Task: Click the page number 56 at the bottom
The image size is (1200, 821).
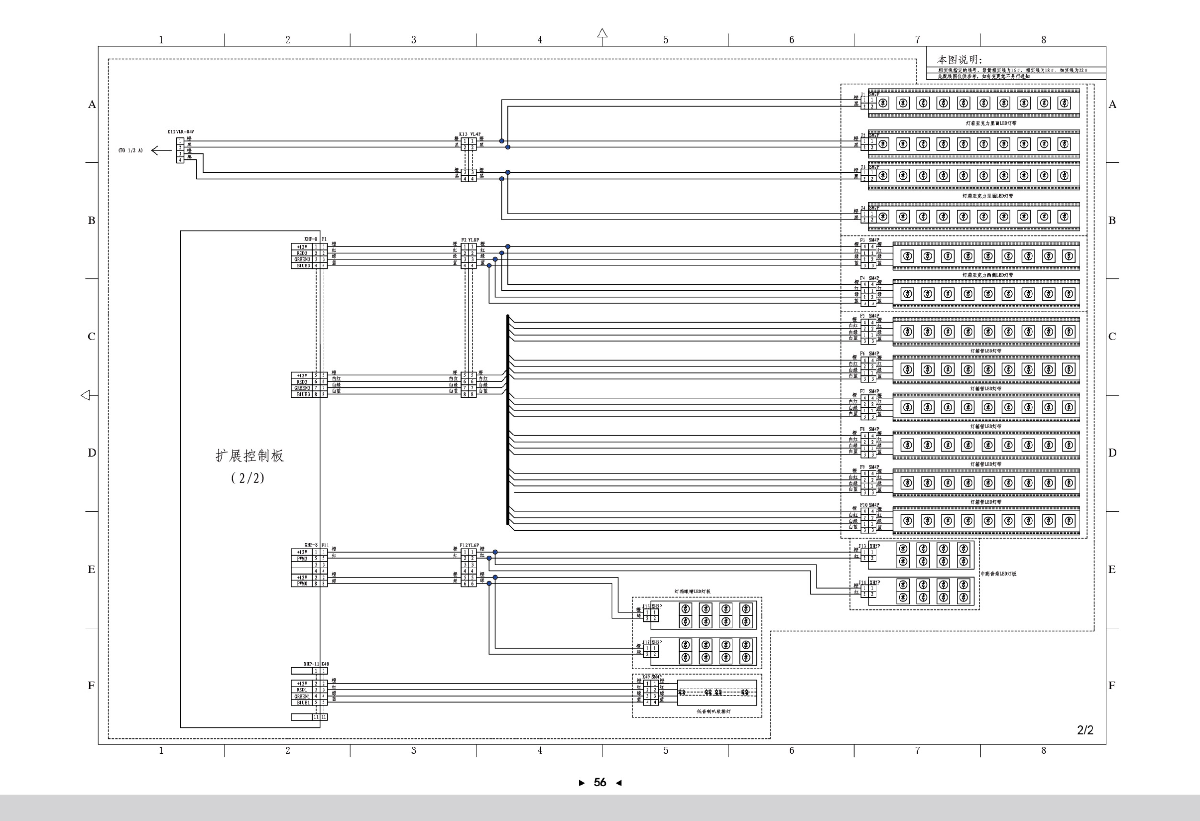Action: (x=600, y=782)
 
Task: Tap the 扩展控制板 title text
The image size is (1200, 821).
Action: (x=249, y=456)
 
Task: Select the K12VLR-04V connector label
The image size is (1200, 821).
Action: (x=181, y=131)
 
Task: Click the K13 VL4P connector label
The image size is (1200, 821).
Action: (x=470, y=134)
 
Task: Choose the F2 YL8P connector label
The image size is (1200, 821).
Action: (x=470, y=239)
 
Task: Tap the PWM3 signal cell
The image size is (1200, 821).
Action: (x=302, y=559)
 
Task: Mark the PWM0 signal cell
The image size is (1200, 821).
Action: (x=302, y=584)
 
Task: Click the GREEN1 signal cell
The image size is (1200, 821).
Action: (x=302, y=696)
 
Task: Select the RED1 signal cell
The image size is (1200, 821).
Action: (x=302, y=690)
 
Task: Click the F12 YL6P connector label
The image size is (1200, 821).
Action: (x=470, y=545)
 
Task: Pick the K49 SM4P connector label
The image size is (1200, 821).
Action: (x=652, y=677)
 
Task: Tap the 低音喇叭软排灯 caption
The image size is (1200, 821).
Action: (x=714, y=711)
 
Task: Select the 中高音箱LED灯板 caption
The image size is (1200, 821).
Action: (x=998, y=574)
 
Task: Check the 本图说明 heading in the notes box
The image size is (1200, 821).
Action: (x=960, y=60)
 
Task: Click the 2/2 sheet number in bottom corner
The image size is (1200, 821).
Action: (x=1085, y=730)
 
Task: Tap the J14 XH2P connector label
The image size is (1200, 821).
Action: (x=869, y=583)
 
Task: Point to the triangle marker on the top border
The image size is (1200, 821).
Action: (x=602, y=33)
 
